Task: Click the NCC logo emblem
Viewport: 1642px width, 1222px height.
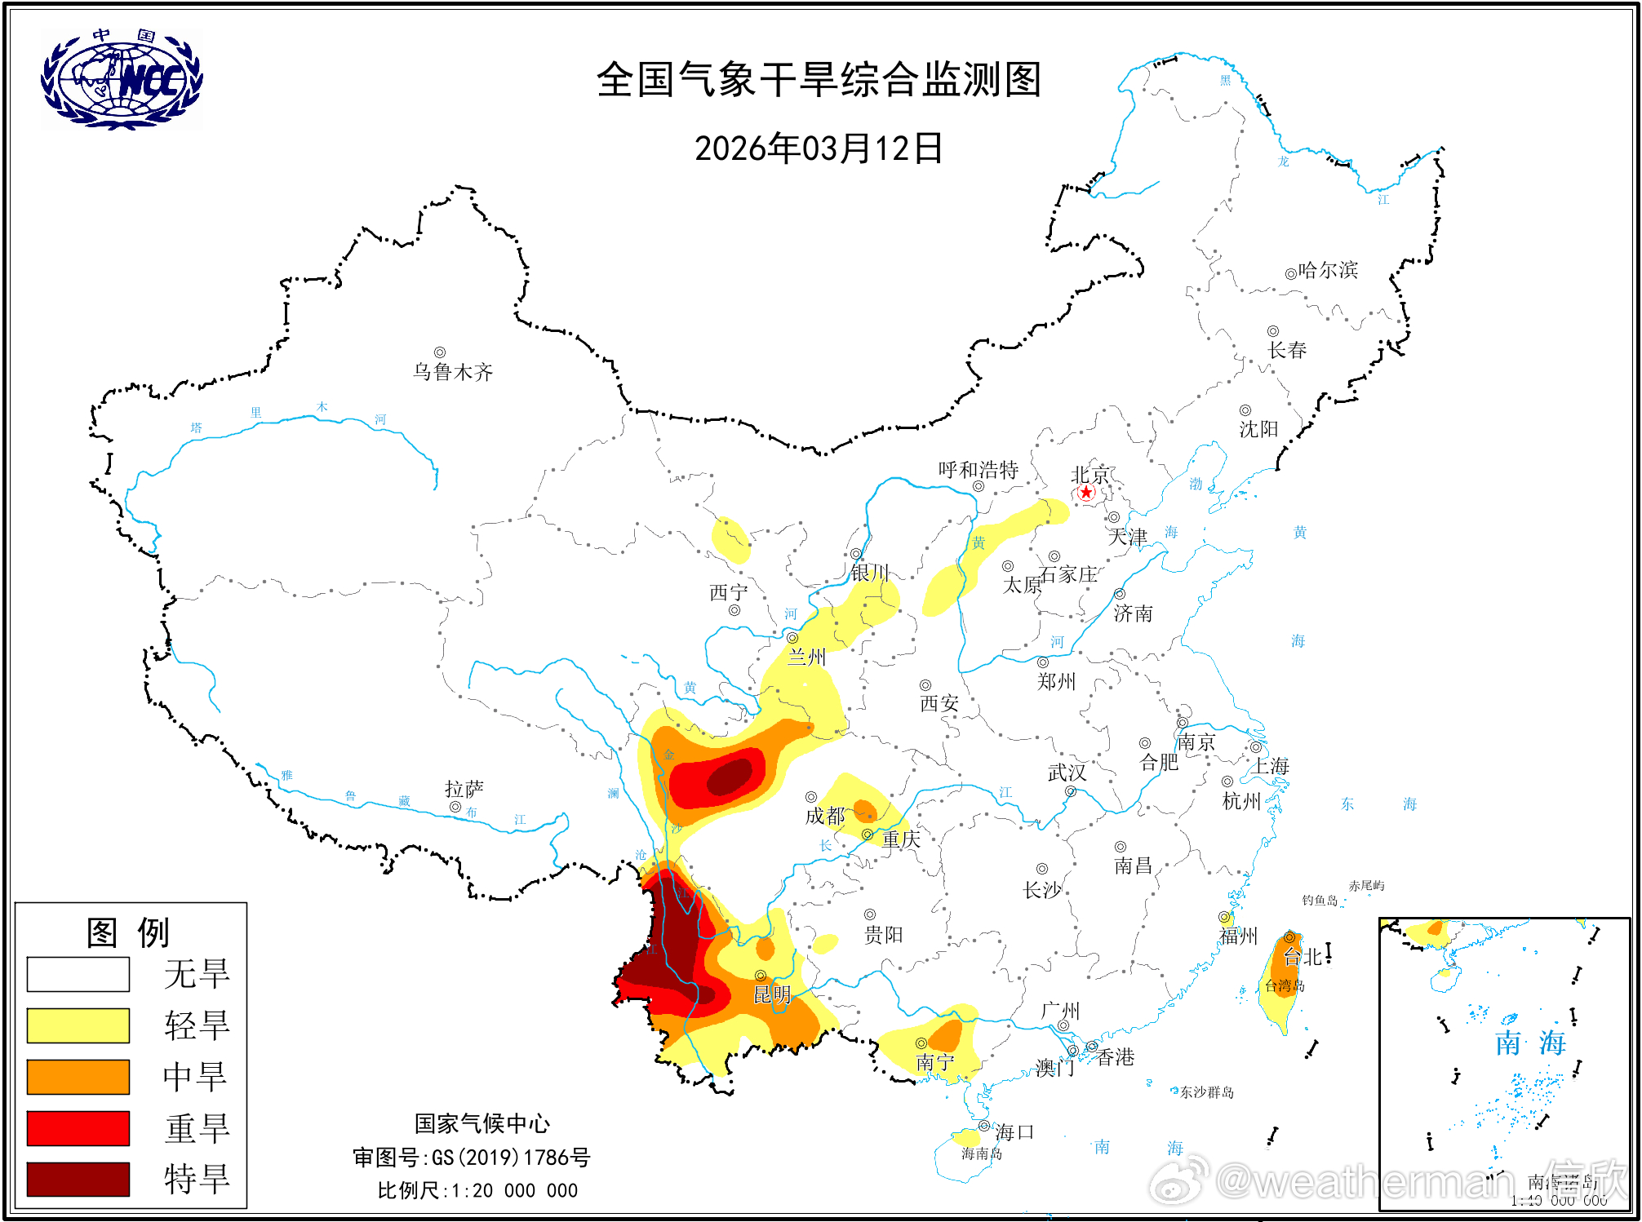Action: (x=122, y=80)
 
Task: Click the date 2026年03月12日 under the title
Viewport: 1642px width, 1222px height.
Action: (x=819, y=149)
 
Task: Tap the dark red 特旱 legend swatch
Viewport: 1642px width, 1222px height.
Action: (x=78, y=1179)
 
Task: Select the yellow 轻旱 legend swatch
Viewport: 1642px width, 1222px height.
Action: (x=78, y=1025)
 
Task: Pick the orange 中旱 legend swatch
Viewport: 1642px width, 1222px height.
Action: (x=78, y=1077)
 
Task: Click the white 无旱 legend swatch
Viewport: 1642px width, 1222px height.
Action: (x=78, y=974)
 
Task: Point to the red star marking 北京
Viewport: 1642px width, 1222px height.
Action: (x=1085, y=492)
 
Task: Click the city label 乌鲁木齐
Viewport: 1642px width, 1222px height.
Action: (x=453, y=372)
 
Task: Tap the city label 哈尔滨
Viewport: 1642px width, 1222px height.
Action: (x=1328, y=270)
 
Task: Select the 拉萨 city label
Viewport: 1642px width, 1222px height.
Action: (x=464, y=789)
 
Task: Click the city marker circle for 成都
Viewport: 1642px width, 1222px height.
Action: (x=811, y=797)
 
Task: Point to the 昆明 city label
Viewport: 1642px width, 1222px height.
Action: (x=772, y=994)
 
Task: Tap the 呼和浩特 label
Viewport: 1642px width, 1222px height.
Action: (x=978, y=470)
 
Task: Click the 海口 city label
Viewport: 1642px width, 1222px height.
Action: (x=1014, y=1132)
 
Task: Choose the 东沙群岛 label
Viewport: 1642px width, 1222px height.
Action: (x=1207, y=1092)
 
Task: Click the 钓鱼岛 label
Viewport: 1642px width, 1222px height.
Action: (x=1320, y=900)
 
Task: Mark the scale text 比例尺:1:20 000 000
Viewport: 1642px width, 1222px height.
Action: (x=477, y=1191)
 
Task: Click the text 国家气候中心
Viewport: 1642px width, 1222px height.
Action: (x=482, y=1124)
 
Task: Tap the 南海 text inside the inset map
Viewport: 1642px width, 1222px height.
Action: (x=1530, y=1043)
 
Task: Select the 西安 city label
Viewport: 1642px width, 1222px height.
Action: (x=939, y=703)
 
